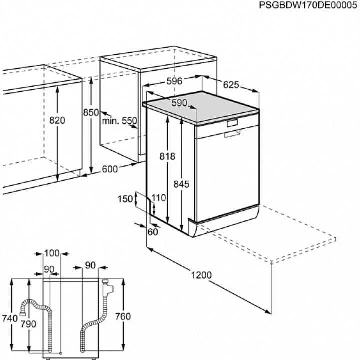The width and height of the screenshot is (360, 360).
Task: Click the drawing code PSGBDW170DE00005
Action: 308,5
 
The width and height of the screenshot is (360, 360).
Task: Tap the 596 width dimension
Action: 174,81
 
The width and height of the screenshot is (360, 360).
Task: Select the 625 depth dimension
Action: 231,85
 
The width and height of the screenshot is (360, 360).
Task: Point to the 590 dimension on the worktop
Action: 179,103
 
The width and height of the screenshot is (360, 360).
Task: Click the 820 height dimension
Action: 57,120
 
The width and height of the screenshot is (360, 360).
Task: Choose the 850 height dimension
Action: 91,112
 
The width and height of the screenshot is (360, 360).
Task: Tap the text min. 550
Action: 119,121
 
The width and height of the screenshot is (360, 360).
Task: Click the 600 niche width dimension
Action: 110,169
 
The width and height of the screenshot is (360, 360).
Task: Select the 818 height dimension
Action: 167,156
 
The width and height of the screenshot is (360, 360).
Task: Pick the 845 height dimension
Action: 181,184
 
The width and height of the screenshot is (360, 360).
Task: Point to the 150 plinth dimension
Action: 125,199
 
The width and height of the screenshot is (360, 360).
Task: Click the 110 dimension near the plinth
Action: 158,198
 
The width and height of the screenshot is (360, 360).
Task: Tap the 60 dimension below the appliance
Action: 153,232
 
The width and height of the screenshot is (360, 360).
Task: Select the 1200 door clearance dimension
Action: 201,275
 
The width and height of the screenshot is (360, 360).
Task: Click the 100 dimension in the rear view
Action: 52,253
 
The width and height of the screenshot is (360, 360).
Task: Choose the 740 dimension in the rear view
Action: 10,318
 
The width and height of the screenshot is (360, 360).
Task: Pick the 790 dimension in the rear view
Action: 28,324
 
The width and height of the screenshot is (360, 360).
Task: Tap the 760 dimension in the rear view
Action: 123,317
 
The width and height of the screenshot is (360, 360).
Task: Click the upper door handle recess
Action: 232,123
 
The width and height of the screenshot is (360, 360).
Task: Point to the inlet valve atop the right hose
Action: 107,287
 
